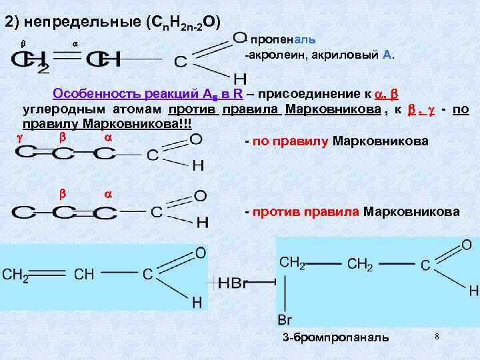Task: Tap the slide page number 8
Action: coord(436,335)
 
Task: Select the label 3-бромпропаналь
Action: coord(335,337)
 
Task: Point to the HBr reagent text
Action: coord(233,283)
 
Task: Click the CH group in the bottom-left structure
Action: coord(84,275)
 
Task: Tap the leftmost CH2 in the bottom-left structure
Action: coord(15,275)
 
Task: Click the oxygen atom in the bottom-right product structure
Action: coord(466,245)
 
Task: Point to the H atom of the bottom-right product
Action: coord(473,291)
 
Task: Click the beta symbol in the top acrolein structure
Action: coord(23,43)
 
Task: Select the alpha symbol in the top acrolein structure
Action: coord(74,43)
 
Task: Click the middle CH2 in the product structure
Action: coord(361,264)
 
